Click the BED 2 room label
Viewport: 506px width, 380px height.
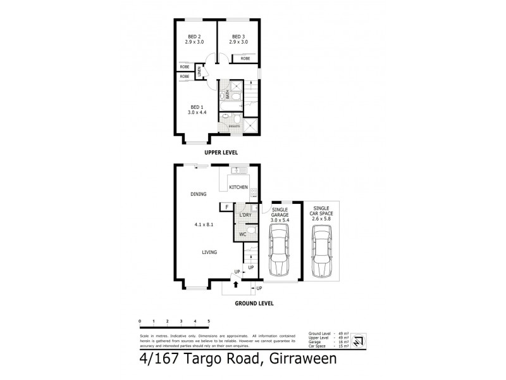pos(195,37)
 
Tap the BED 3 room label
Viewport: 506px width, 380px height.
pos(238,37)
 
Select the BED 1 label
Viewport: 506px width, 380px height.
pos(196,107)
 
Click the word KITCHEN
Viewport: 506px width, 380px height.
pos(238,187)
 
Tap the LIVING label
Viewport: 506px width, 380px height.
pos(209,252)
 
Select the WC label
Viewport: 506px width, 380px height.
pos(242,235)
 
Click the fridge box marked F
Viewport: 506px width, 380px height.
pos(225,206)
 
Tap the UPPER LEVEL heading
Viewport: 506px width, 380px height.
pos(221,153)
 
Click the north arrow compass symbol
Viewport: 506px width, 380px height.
pos(357,341)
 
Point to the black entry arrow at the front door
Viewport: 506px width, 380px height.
pos(236,284)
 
